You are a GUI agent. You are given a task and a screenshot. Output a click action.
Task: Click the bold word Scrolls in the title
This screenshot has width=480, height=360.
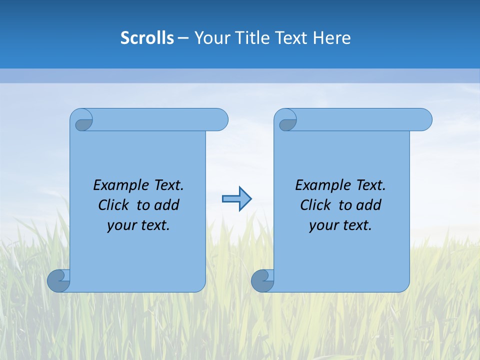point(147,38)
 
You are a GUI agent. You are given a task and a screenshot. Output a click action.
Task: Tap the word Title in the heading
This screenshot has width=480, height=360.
point(254,38)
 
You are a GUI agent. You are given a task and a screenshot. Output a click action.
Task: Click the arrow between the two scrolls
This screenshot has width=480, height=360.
point(236,199)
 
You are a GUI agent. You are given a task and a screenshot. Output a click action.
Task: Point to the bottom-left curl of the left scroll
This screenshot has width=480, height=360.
point(58,280)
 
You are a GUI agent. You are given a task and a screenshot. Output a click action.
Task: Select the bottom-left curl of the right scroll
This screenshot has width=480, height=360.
point(262,280)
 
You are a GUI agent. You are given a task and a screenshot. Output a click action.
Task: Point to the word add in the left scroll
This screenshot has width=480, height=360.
point(167,205)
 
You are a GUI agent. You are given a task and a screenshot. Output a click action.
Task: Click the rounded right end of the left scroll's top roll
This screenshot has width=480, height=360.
point(220,119)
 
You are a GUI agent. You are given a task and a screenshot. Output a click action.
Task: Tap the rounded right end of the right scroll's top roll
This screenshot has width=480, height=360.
point(424,119)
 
